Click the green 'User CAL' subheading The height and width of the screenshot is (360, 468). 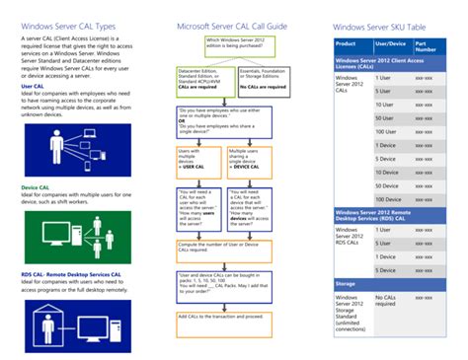33,86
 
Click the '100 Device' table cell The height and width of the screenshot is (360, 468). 386,199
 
